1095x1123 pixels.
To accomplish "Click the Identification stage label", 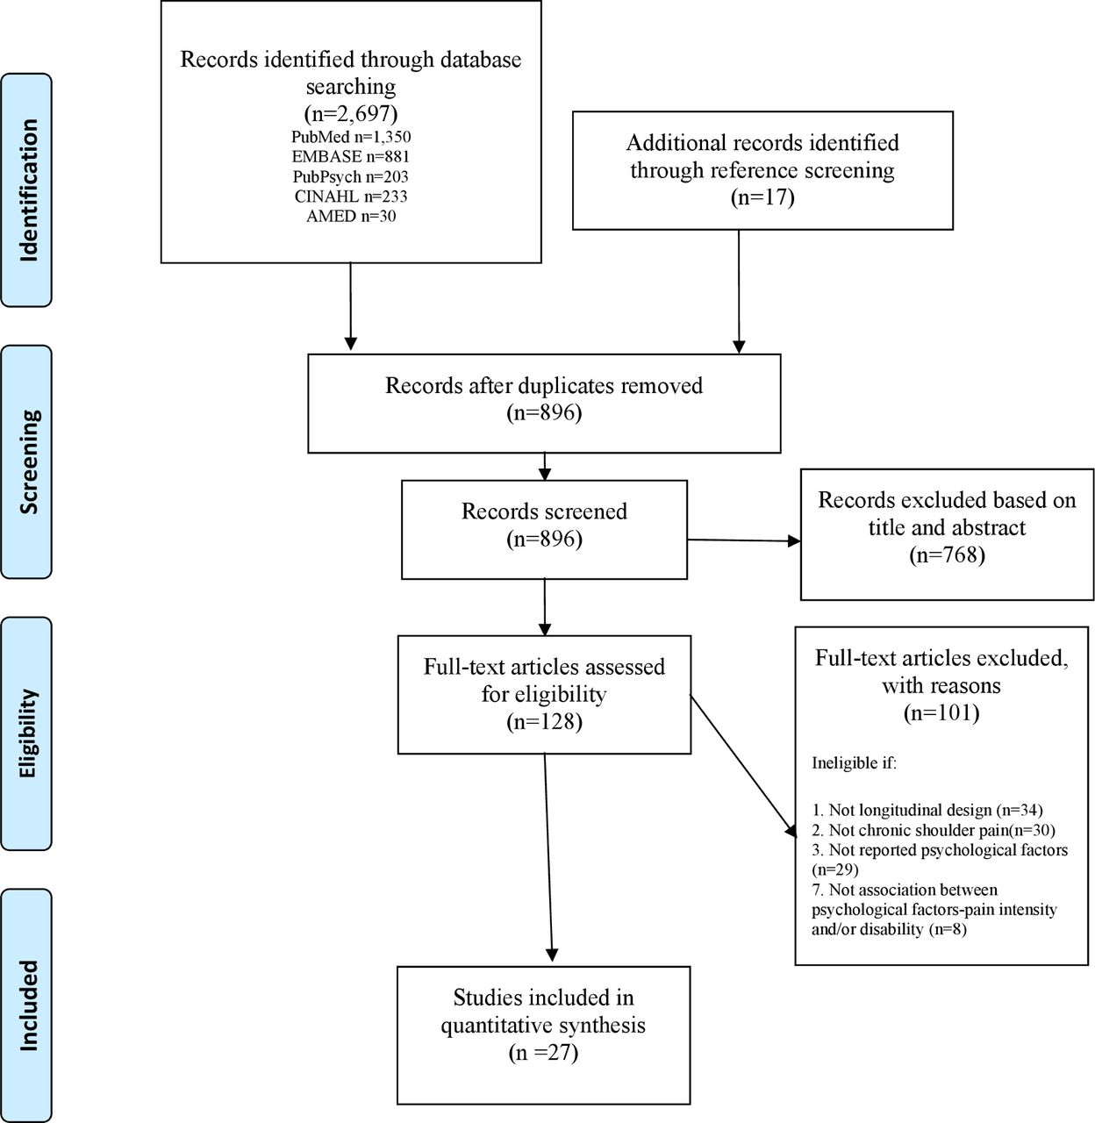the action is pos(28,190).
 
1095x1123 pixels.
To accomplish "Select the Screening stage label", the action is pos(28,461).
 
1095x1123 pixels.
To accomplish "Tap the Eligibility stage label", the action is pos(28,733).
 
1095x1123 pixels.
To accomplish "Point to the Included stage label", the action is pos(28,1005).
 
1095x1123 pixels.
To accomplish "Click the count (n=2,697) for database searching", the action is pos(351,113).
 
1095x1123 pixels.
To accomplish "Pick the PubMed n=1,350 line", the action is pos(351,137).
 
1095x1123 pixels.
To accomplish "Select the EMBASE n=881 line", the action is pos(351,156).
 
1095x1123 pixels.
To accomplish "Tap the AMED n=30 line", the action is pos(351,216).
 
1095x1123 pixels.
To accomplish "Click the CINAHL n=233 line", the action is pos(351,197).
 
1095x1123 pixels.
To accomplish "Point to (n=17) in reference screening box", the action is pos(762,197).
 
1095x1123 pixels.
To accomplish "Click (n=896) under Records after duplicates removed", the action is pos(544,412).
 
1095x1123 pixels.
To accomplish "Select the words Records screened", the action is pos(544,511).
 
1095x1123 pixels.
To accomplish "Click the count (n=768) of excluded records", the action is pos(948,554).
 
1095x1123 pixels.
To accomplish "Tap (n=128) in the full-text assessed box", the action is pos(544,721).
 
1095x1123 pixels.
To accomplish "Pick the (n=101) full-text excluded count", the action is pos(941,712).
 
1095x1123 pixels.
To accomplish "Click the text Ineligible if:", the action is pos(855,763).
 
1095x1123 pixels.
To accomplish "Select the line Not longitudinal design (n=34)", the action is pos(927,810).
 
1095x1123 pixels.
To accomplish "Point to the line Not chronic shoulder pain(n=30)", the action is pos(934,830).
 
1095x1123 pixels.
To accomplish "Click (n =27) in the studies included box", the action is pos(543,1052).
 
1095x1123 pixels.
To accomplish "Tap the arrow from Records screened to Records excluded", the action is pos(743,540).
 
